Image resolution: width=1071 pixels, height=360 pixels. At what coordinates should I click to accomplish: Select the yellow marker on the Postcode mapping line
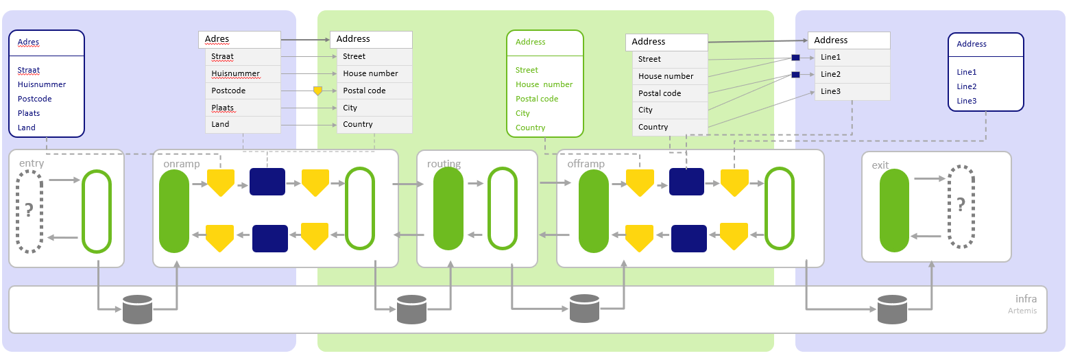point(317,91)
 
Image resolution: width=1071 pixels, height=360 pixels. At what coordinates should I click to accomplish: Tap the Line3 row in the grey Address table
point(852,91)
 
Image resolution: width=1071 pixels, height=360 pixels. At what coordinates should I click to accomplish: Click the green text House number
point(544,84)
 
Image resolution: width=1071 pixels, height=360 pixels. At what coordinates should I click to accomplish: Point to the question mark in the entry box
point(29,211)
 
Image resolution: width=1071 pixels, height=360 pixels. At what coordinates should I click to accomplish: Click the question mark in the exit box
point(961,204)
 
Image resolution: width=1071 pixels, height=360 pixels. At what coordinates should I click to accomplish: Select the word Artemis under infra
point(1018,311)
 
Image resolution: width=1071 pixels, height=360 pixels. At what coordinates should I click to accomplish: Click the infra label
point(1026,299)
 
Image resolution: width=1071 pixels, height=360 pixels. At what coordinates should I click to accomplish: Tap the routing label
point(444,164)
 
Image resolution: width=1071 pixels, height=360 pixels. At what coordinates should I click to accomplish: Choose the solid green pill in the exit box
point(894,210)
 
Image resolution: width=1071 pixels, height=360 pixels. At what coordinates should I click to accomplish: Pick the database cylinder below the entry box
point(137,309)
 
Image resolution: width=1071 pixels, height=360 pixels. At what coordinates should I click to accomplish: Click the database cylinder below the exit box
point(893,309)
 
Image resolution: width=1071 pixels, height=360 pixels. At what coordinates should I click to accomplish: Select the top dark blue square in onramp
point(267,182)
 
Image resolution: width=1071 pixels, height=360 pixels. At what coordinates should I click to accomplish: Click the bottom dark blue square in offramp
point(688,239)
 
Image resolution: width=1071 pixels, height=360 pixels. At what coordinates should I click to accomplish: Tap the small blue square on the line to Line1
point(795,58)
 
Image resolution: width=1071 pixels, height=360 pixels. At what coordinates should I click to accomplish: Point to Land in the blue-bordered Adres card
point(27,128)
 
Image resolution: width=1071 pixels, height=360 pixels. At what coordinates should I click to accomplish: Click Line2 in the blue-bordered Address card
point(967,86)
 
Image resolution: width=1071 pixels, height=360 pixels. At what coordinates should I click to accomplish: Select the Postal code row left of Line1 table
point(669,93)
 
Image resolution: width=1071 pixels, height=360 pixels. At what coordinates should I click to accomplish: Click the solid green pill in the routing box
point(448,209)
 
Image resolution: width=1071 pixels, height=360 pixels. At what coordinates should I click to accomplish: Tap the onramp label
point(182,164)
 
